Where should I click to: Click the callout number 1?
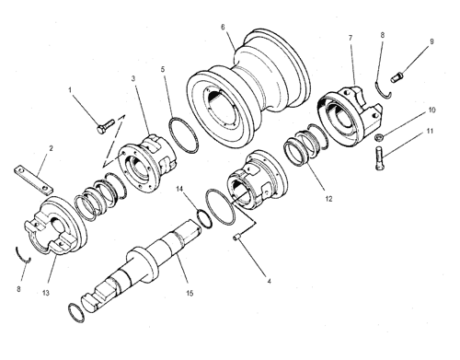click(70, 90)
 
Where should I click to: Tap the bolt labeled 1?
click(106, 126)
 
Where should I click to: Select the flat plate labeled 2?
click(33, 180)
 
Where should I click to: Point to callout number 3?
click(133, 78)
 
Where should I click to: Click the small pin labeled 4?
click(236, 238)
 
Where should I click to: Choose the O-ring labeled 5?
click(183, 135)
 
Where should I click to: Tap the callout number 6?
click(223, 27)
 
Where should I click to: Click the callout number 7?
click(351, 38)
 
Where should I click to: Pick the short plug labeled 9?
click(397, 76)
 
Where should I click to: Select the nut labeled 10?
click(379, 137)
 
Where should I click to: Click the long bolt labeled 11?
click(379, 158)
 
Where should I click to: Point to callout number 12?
click(328, 199)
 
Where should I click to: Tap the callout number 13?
click(45, 293)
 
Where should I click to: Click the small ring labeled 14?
click(204, 218)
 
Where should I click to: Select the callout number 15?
click(190, 293)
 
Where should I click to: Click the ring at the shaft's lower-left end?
click(76, 313)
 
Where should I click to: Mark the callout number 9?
click(431, 41)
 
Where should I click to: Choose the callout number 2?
click(51, 148)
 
